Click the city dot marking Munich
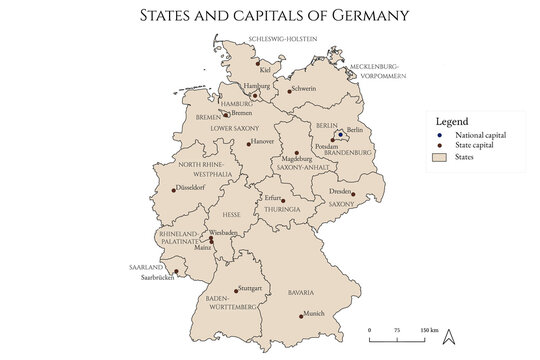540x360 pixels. pos(302,316)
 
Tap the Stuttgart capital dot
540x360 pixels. pos(236,291)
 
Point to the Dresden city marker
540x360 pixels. pos(353,196)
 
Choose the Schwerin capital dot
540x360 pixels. pos(290,91)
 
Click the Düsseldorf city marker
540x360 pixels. pos(175,188)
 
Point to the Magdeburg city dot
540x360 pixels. pos(296,153)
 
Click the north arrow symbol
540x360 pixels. pos(450,336)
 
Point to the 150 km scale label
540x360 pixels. pos(428,329)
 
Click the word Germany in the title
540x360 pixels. pos(341,15)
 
